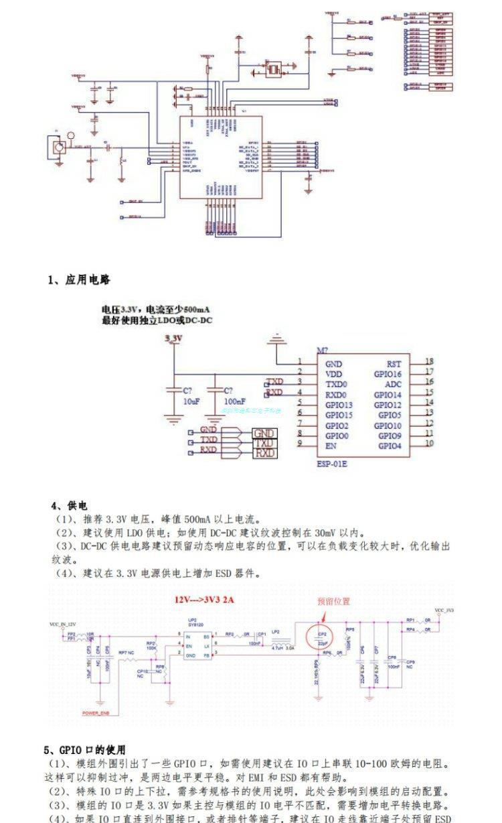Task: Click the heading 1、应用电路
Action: pos(79,279)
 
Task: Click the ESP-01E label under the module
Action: pos(334,462)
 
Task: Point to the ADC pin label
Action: pos(393,385)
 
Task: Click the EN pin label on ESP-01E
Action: pos(331,446)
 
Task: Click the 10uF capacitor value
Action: pos(191,401)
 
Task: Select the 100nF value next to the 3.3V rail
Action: pos(234,401)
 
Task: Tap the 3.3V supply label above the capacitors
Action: pos(173,340)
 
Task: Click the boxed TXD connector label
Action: pos(264,444)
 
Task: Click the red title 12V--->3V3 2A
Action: pos(205,600)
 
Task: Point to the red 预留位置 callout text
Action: pos(333,601)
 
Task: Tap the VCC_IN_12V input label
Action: pos(63,623)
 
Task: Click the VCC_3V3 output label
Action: pos(444,611)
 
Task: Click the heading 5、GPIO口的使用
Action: pos(84,750)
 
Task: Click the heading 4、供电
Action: pos(69,505)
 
